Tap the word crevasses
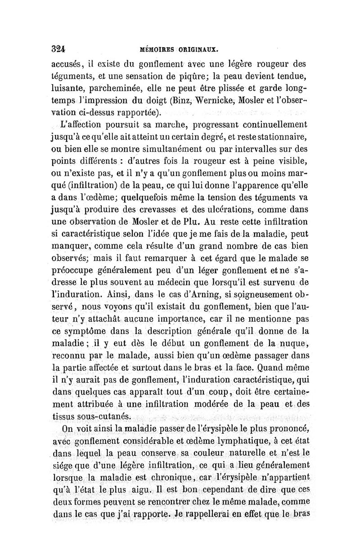coord(160,209)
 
